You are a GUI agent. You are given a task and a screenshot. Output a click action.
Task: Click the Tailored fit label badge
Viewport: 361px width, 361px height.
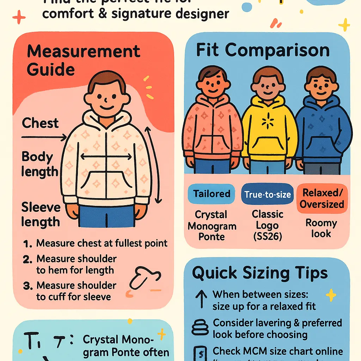point(211,194)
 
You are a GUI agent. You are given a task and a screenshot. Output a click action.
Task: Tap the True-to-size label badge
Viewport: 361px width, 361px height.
point(267,194)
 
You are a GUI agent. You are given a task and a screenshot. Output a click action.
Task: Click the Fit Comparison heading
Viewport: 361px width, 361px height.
point(263,50)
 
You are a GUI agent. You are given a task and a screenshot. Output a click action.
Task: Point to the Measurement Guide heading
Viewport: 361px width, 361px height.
point(84,60)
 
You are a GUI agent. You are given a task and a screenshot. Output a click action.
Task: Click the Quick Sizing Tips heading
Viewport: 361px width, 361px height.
point(260,273)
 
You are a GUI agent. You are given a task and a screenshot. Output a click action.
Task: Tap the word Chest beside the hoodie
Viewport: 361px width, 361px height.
point(40,123)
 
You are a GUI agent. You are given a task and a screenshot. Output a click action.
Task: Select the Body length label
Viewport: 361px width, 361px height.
point(39,164)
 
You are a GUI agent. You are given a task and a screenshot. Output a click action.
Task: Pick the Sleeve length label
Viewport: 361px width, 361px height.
point(40,214)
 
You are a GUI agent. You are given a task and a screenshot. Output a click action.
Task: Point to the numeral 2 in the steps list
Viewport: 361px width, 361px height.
point(27,259)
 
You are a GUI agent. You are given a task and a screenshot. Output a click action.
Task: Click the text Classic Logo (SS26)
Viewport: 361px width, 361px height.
point(268,225)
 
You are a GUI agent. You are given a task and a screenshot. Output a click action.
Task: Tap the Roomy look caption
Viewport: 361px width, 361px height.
point(321,228)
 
